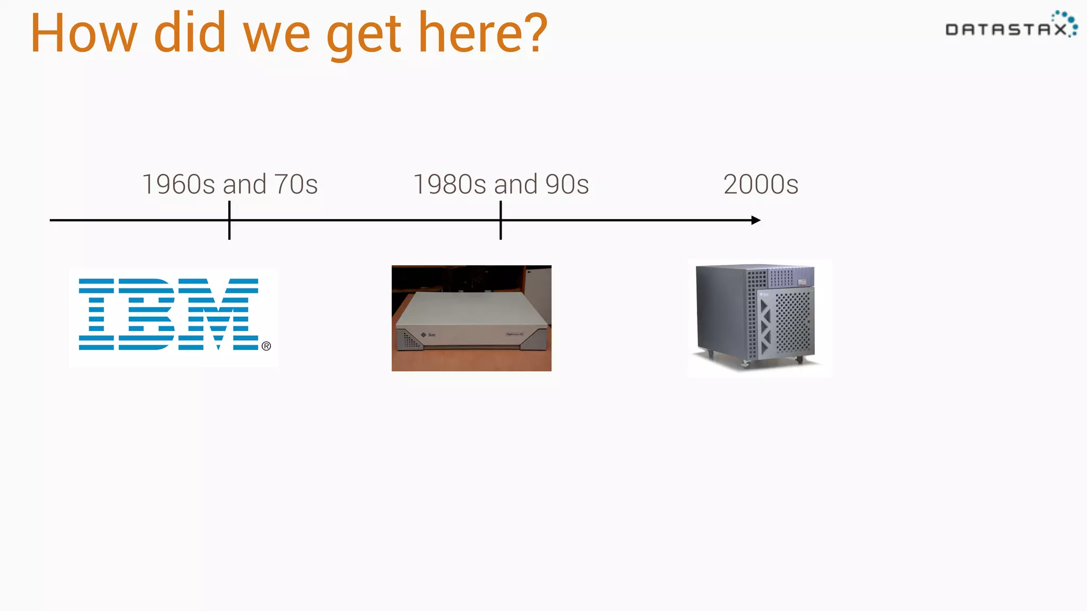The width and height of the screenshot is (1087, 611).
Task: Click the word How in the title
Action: [84, 34]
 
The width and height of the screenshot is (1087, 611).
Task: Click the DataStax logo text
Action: [1006, 30]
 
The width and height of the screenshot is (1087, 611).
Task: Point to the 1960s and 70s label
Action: [230, 185]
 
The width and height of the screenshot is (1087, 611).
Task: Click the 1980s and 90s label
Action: [501, 185]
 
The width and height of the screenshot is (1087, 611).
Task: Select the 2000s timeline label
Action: [761, 185]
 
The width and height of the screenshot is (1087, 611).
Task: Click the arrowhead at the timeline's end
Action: [756, 220]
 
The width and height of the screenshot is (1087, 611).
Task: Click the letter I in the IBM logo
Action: [96, 314]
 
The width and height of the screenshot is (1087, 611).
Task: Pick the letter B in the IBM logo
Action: [146, 314]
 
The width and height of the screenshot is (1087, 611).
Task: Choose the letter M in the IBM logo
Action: [218, 314]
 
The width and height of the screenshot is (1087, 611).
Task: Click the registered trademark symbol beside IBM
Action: [266, 346]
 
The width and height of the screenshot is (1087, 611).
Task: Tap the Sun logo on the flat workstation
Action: [428, 335]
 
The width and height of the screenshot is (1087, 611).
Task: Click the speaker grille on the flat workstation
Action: [410, 339]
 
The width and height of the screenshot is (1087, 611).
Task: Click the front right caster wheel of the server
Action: [799, 360]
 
